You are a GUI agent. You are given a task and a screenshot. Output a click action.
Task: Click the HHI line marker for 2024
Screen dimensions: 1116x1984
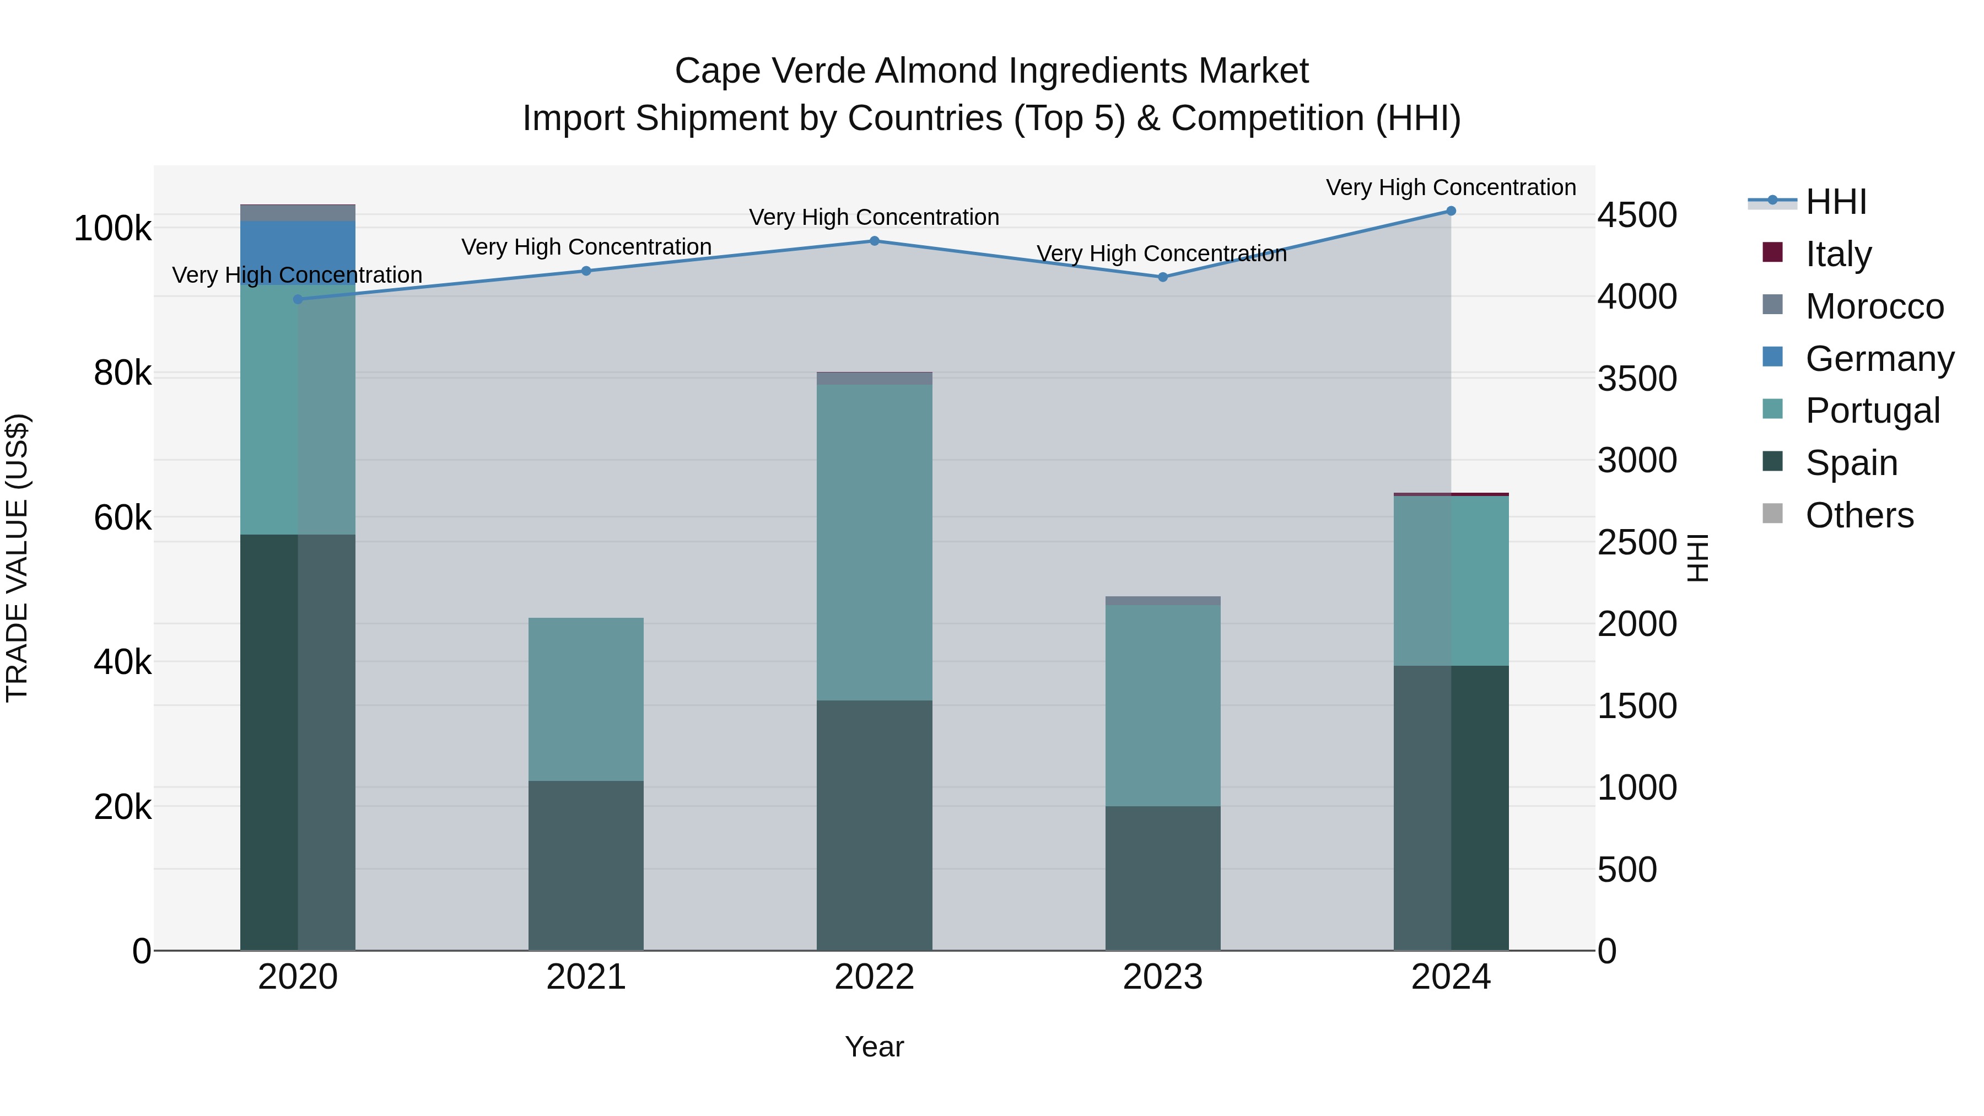[1451, 211]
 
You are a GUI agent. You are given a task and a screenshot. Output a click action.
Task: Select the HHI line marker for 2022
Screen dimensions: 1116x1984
[874, 241]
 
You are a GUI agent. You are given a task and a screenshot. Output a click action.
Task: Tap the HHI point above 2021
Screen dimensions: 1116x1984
[586, 271]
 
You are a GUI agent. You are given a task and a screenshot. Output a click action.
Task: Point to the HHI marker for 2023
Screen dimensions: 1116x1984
[1163, 277]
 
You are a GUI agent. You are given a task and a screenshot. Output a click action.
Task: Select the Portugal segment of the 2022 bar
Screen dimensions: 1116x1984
[874, 542]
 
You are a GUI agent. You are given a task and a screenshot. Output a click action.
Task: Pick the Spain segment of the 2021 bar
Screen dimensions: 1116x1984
[586, 866]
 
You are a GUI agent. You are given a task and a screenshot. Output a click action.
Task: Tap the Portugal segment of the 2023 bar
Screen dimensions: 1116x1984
[1163, 705]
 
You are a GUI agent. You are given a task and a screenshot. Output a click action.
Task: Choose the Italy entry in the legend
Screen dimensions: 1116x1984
[1837, 254]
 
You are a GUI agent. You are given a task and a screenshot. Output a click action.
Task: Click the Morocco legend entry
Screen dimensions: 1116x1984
[1874, 306]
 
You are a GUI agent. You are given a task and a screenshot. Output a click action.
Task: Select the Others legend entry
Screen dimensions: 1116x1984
[1858, 515]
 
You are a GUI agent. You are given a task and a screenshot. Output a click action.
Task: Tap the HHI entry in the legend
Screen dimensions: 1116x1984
[1835, 202]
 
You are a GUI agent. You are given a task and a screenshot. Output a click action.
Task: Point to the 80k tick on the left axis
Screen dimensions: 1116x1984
[122, 374]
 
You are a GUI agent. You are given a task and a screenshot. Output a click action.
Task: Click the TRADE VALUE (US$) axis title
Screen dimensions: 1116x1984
[18, 558]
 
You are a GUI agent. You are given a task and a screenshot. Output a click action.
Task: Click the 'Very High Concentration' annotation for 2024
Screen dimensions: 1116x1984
[1451, 188]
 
